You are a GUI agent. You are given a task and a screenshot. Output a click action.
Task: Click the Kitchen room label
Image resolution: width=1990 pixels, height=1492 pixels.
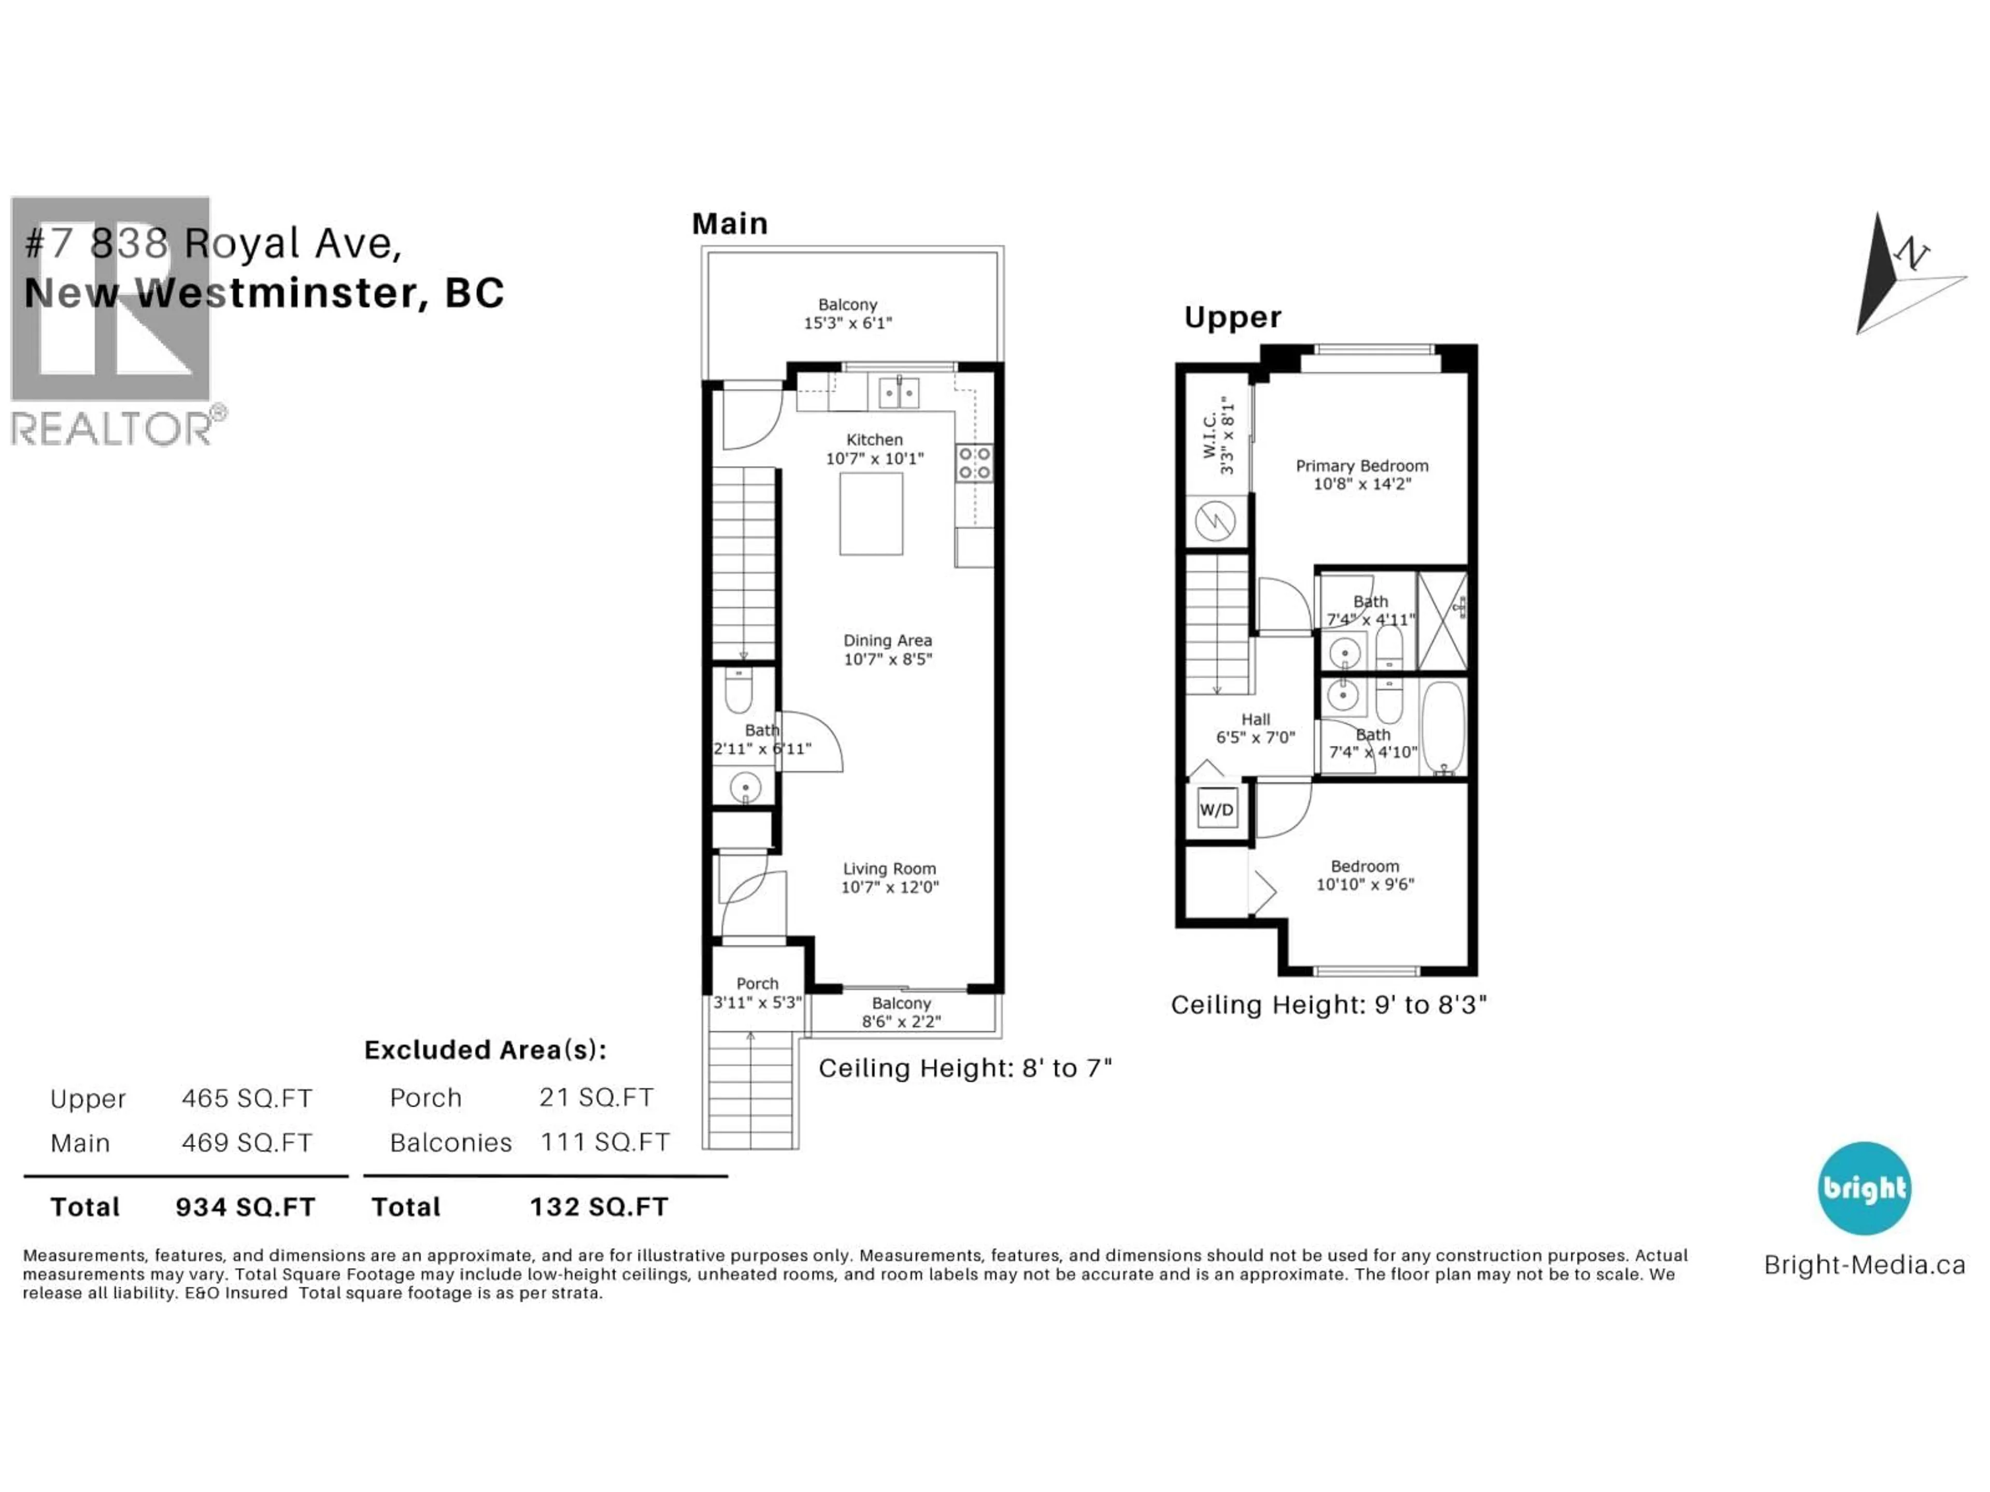pos(874,440)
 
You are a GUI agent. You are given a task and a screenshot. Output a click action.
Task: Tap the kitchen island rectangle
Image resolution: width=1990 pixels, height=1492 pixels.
pos(871,513)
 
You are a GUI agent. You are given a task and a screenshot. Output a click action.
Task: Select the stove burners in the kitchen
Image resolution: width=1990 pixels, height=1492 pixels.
pos(974,463)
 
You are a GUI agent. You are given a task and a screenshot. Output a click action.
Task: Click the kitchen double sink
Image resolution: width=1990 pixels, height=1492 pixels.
pos(899,393)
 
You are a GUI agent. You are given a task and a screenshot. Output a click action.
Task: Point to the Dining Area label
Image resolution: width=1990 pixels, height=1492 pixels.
pos(887,640)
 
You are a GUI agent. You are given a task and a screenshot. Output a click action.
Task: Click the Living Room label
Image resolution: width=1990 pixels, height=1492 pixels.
pos(889,869)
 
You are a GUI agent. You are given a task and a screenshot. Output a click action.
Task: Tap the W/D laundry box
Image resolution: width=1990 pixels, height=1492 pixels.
pos(1216,809)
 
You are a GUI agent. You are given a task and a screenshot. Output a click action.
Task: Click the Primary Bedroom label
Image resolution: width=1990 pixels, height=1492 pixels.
pos(1361,466)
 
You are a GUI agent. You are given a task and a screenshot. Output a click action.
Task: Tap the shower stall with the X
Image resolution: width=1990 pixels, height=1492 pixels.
pos(1442,621)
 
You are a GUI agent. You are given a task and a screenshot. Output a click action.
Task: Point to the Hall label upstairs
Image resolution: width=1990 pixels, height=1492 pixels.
pos(1255,720)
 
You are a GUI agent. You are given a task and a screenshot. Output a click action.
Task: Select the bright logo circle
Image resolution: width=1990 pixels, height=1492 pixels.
pos(1864,1188)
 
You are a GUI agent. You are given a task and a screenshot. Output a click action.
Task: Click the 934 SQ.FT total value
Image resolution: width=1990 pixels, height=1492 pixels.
pos(246,1207)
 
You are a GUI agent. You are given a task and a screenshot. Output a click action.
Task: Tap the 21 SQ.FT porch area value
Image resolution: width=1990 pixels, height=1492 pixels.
pos(596,1097)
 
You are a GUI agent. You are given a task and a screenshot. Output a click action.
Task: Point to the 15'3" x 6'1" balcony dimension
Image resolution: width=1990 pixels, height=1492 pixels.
pos(847,323)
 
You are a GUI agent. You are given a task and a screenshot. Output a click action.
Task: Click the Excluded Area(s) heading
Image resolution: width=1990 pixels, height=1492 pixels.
pos(485,1051)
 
